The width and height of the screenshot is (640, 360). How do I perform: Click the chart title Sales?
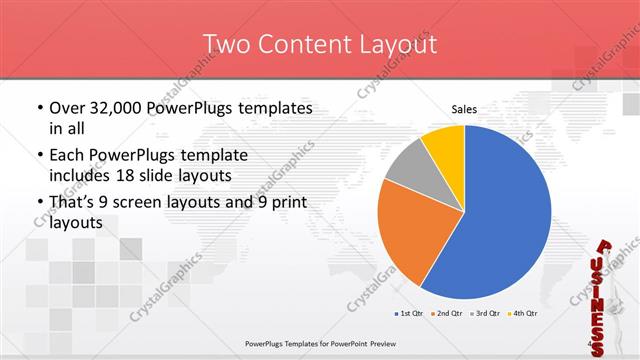click(463, 109)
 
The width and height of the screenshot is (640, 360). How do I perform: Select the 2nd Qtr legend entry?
click(448, 314)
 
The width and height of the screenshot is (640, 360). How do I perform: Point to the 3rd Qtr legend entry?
click(486, 314)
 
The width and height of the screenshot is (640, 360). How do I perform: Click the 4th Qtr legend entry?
click(524, 314)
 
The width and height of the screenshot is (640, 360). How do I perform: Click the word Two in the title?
click(226, 44)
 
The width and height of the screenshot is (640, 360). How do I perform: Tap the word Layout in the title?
click(397, 44)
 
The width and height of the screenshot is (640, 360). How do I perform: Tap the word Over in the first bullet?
click(69, 108)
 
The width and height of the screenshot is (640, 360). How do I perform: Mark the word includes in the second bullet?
click(84, 176)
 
